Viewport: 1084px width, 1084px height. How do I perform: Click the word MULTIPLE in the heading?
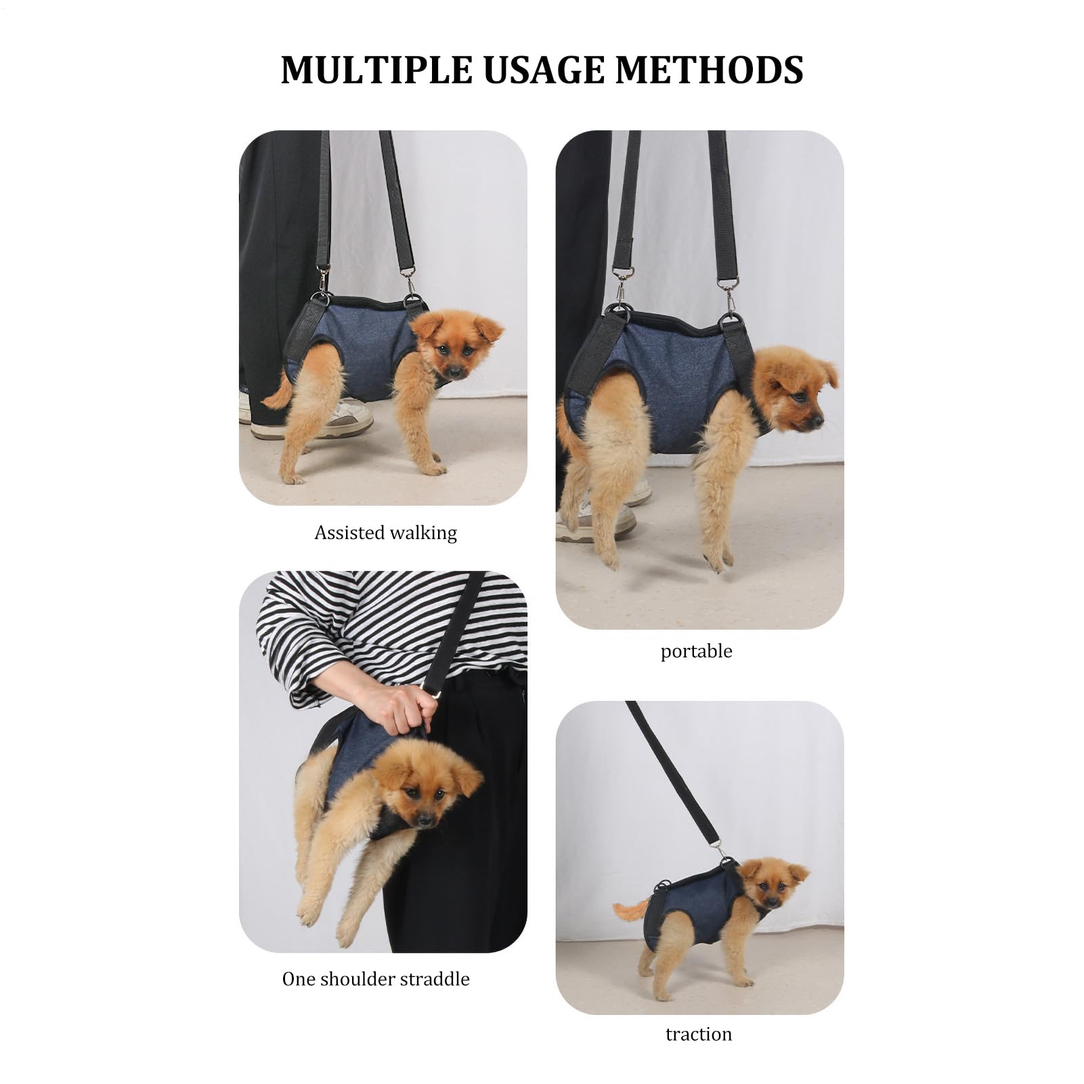pyautogui.click(x=376, y=70)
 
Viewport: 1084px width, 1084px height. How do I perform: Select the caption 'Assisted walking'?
pyautogui.click(x=385, y=533)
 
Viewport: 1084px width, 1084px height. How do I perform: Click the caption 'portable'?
pyautogui.click(x=696, y=651)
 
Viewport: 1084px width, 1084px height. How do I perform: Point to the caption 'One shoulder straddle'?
pyautogui.click(x=376, y=979)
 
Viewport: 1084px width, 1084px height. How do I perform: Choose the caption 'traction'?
pyautogui.click(x=699, y=1034)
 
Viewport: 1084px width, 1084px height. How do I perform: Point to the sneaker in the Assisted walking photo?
pyautogui.click(x=318, y=420)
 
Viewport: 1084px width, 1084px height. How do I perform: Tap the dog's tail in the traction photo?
pyautogui.click(x=630, y=909)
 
